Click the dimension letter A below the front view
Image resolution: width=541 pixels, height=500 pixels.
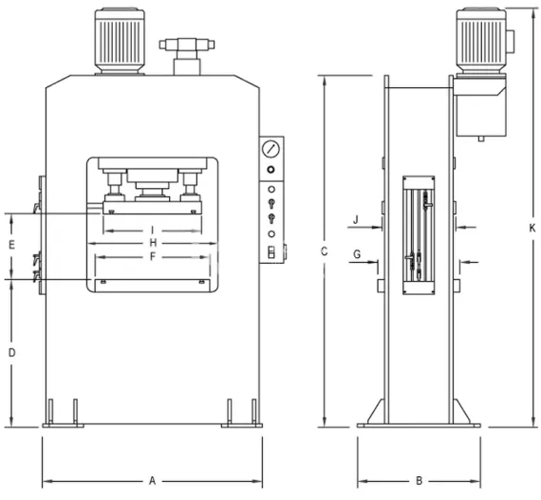152,481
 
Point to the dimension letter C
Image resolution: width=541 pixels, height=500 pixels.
324,251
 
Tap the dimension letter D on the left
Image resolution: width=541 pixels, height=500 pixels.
11,352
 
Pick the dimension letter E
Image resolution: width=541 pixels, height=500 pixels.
11,245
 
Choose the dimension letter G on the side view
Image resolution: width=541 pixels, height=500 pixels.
357,254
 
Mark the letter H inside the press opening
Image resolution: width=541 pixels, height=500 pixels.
152,243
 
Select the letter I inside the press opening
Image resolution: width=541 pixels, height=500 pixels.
152,230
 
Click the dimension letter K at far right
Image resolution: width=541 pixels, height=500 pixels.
532,227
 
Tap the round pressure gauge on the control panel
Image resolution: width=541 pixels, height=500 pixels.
271,150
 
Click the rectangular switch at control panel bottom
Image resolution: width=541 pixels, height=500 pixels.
271,251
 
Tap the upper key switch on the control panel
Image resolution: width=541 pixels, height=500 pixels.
271,201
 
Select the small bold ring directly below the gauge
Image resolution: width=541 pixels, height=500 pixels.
271,169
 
